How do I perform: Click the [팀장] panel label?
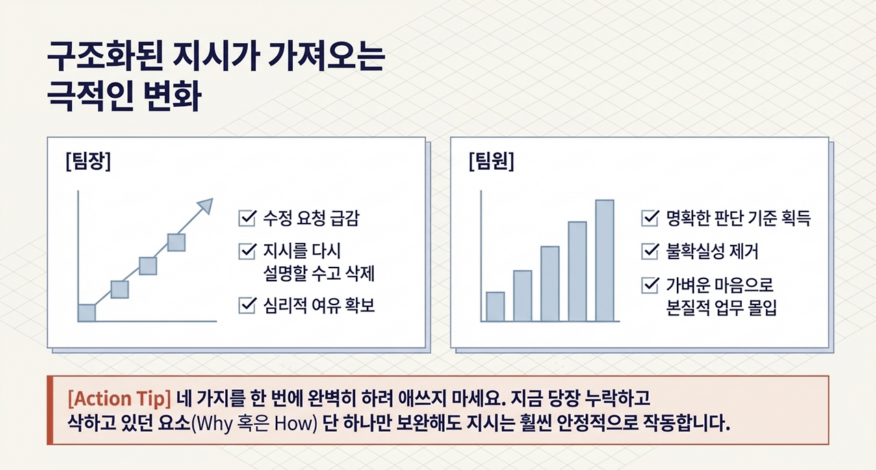[x=88, y=161]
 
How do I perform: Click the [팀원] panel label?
[x=491, y=161]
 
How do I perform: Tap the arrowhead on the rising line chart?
[x=206, y=206]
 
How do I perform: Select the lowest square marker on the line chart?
[x=87, y=313]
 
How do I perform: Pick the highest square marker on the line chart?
[x=177, y=242]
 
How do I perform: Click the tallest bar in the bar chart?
[x=604, y=261]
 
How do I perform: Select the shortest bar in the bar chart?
[x=495, y=306]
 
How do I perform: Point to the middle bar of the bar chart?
[x=550, y=284]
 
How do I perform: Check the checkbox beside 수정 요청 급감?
[x=248, y=218]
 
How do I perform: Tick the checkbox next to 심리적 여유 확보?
[x=248, y=305]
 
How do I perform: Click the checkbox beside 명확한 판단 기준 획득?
[x=650, y=218]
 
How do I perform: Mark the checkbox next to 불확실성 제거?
[x=650, y=251]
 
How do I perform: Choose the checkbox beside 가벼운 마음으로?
[x=650, y=285]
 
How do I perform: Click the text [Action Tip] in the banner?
[x=119, y=399]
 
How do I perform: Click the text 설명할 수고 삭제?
[x=319, y=273]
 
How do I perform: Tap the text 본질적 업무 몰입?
[x=721, y=307]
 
